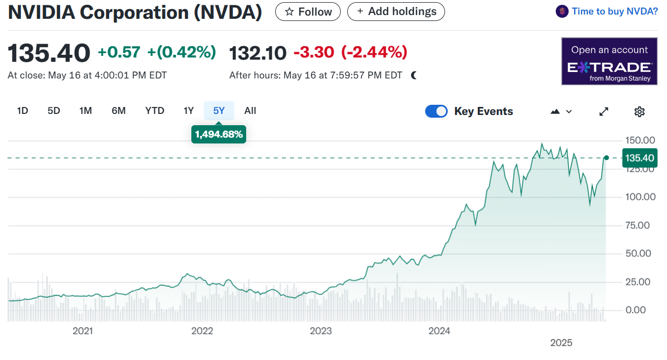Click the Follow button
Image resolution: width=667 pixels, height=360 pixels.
coord(307,11)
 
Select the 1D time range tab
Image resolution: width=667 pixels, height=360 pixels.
coord(23,111)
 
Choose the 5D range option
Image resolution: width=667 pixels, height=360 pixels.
coord(54,111)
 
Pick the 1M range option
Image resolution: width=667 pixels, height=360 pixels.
coord(85,111)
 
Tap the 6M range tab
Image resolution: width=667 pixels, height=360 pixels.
coord(119,111)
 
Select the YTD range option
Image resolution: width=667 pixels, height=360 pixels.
coord(155,111)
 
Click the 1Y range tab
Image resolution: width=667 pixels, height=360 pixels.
coord(189,111)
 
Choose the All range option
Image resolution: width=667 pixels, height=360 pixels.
coord(250,111)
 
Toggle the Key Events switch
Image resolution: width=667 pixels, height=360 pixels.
coord(436,111)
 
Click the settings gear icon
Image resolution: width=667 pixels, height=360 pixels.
coord(639,112)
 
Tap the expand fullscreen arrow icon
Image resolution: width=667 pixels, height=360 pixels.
coord(604,112)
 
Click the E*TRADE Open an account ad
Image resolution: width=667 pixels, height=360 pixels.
coord(609,61)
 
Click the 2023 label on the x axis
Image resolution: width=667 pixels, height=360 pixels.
coord(321,331)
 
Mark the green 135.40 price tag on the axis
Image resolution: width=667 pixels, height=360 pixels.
coord(640,158)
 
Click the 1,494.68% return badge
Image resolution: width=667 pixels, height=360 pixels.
coord(219,134)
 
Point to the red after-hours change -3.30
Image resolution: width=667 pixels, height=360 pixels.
coord(314,52)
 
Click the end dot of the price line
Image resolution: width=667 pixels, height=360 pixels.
coord(606,157)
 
